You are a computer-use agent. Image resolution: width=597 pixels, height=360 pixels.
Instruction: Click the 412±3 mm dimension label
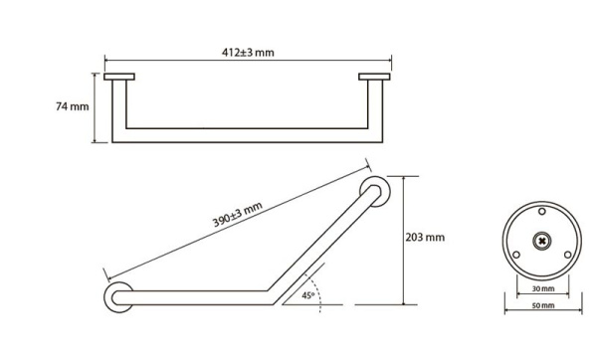click(248, 52)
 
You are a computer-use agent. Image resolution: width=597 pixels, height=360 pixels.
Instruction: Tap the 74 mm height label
click(73, 106)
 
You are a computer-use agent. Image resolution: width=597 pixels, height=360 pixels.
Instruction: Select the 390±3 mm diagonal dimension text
click(238, 214)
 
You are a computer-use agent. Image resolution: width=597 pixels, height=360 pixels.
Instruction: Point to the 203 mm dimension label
click(425, 238)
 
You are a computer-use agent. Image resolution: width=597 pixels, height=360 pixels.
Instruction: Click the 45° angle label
click(308, 295)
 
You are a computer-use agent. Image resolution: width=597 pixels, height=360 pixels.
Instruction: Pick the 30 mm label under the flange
click(543, 288)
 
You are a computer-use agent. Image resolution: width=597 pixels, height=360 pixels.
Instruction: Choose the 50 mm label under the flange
click(543, 305)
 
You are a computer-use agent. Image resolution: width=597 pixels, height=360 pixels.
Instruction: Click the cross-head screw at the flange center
click(542, 241)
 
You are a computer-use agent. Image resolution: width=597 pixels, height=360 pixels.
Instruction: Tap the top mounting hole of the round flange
click(542, 211)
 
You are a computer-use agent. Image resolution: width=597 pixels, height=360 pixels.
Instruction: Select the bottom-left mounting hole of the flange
click(516, 255)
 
